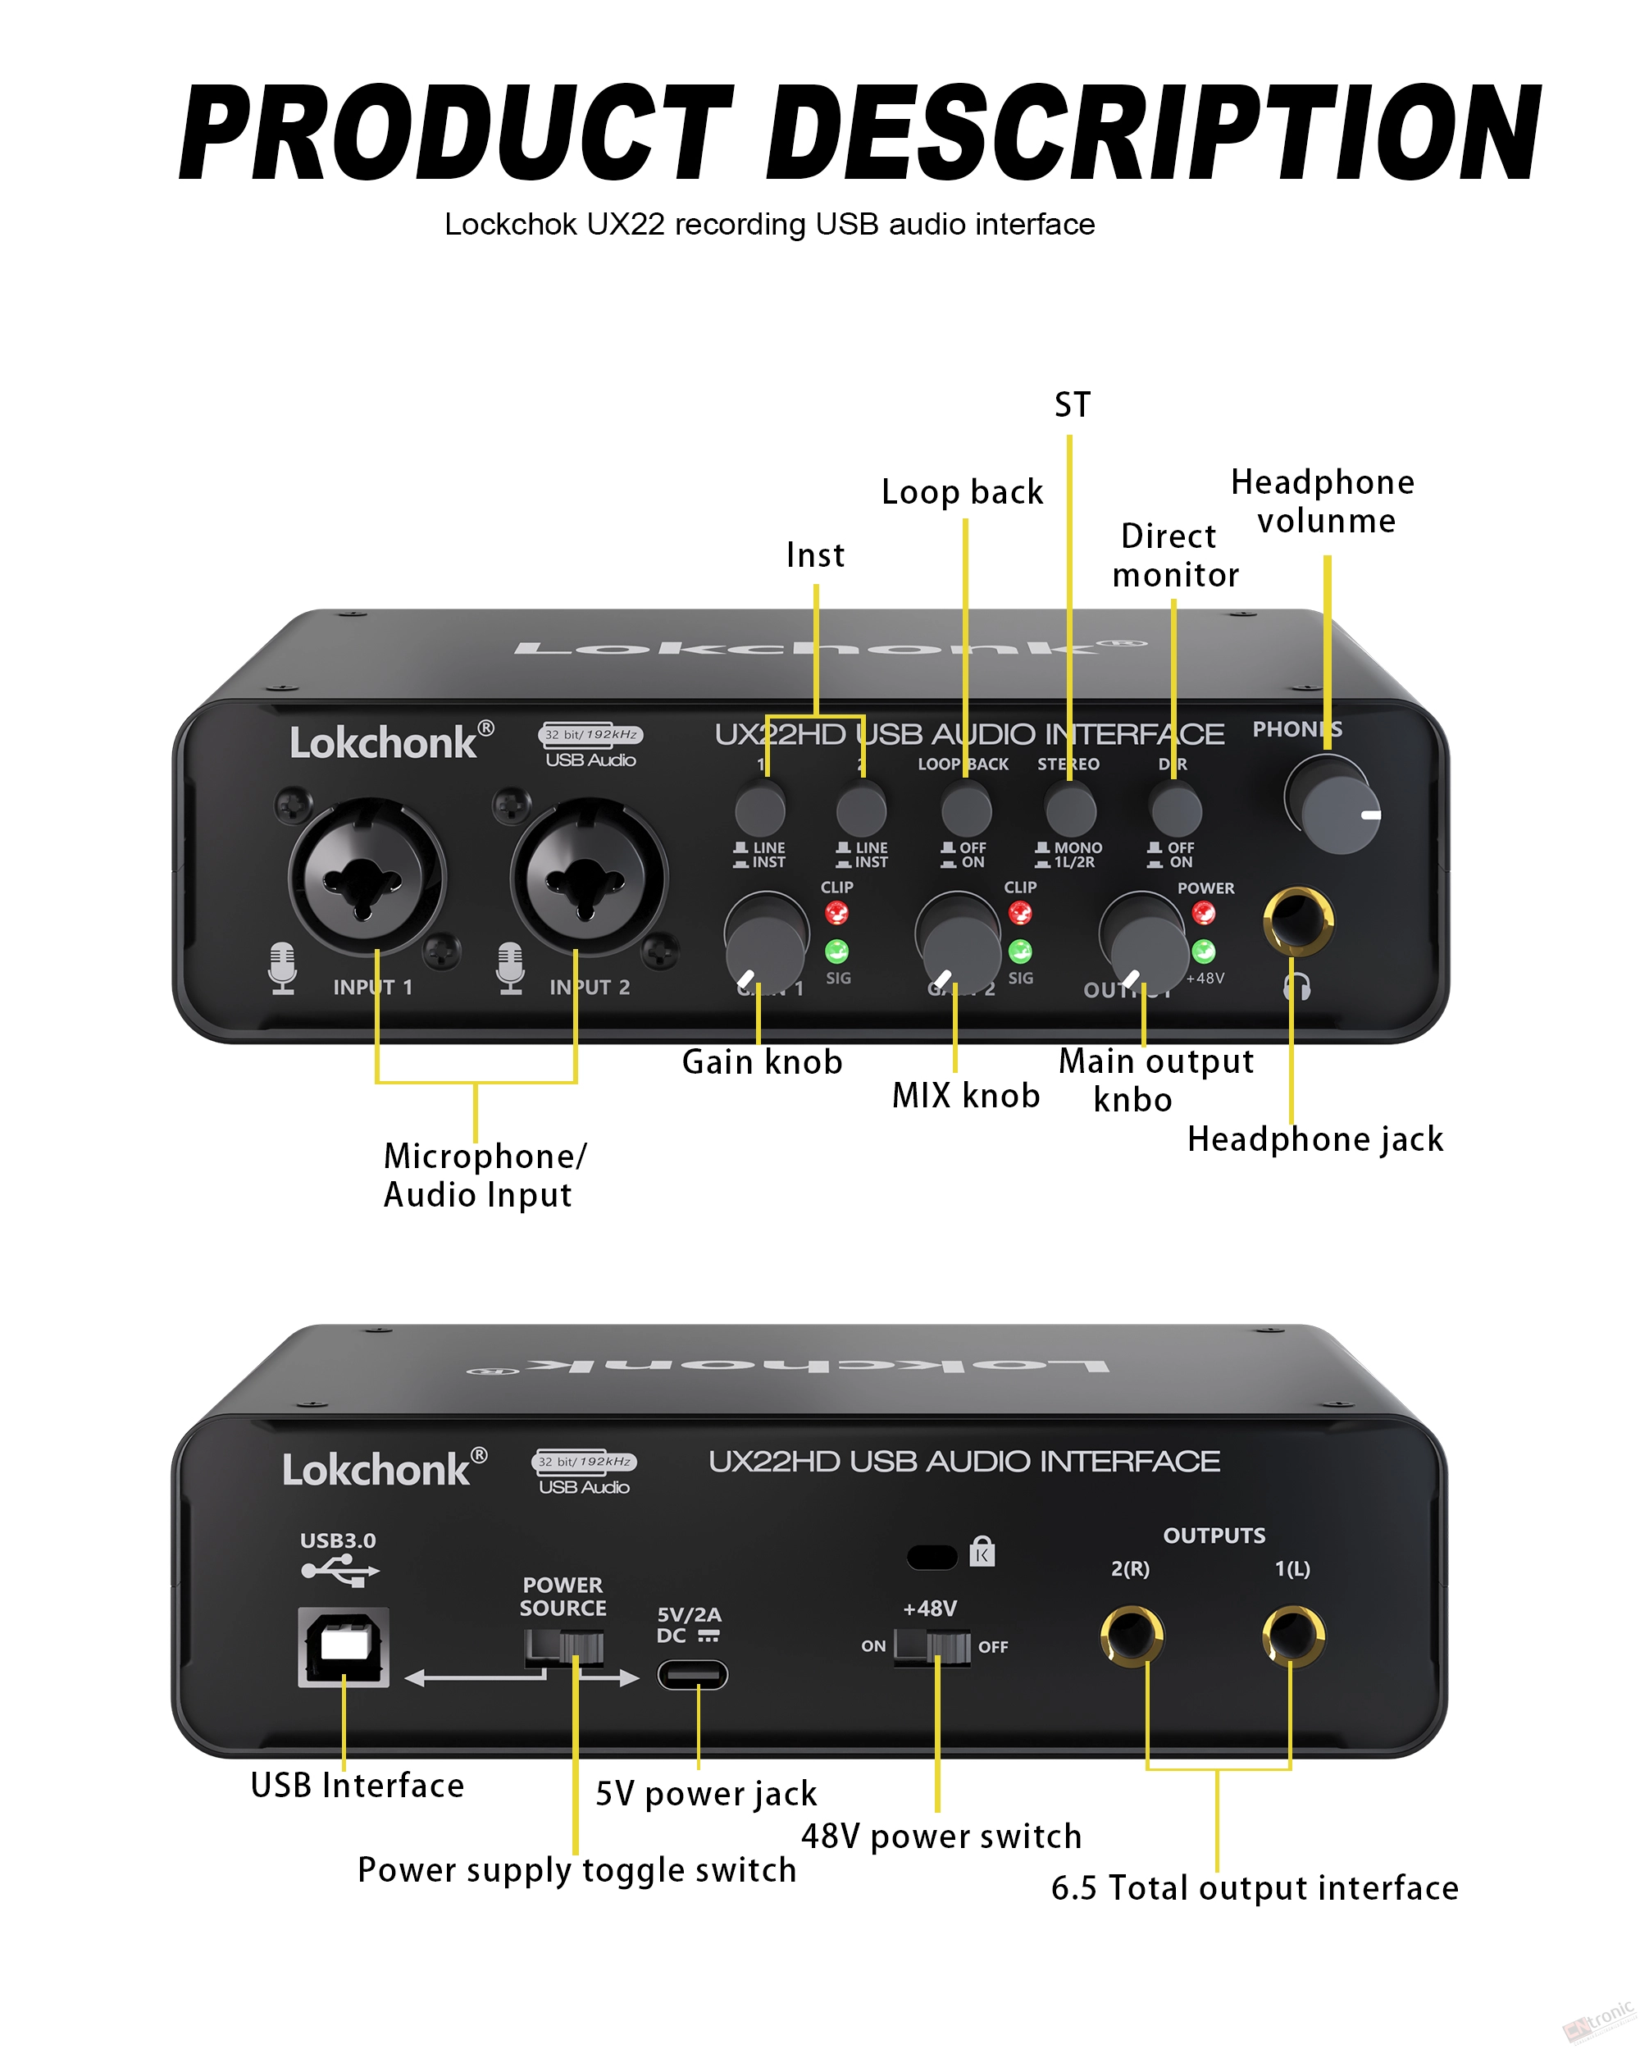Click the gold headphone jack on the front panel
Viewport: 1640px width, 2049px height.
[x=1298, y=920]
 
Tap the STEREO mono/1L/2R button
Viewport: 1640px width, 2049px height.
[x=1070, y=809]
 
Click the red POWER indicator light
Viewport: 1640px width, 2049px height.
[x=1204, y=913]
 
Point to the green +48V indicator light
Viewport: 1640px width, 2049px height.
[x=1204, y=951]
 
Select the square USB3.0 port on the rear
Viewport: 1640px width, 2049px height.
[x=344, y=1647]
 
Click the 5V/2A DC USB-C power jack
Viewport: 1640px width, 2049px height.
[x=693, y=1675]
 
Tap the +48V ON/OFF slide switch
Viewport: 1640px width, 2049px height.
[x=932, y=1645]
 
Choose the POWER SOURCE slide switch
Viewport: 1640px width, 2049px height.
[x=564, y=1646]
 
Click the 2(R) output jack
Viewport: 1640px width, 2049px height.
[x=1131, y=1636]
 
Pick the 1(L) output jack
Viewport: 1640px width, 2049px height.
[x=1292, y=1636]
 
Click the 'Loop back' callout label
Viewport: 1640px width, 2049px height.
[x=962, y=492]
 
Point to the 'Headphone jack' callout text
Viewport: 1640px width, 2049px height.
[x=1315, y=1139]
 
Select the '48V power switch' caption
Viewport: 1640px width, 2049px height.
[x=941, y=1836]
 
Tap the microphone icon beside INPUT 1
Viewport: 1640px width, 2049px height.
[x=282, y=967]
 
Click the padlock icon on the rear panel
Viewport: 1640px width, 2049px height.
[x=982, y=1552]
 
